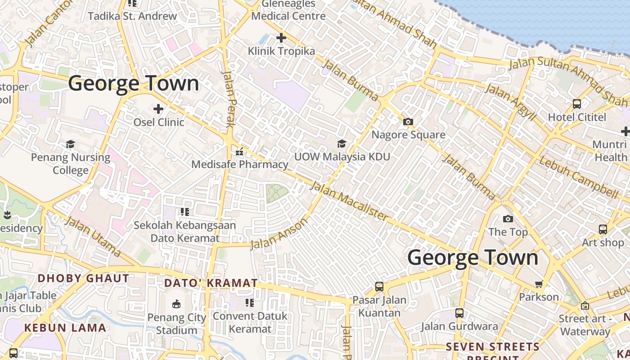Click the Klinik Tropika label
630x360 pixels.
(281, 51)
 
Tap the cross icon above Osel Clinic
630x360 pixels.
(158, 109)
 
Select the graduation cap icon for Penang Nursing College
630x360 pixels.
(71, 144)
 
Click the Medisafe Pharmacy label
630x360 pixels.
(239, 164)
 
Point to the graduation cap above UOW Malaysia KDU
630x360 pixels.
(342, 144)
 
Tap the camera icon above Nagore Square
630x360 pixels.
(408, 121)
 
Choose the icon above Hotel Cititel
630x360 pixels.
(577, 104)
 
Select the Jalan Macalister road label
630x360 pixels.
(349, 201)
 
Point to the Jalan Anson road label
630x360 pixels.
(279, 233)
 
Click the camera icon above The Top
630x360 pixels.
(508, 219)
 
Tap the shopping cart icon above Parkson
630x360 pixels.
(539, 284)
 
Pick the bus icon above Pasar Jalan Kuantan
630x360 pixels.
(379, 287)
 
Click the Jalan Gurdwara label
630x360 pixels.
(459, 326)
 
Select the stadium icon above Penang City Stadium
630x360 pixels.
(176, 304)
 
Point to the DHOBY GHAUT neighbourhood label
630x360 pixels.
(83, 278)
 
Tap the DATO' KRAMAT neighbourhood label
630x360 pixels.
(211, 283)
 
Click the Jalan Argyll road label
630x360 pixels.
(512, 102)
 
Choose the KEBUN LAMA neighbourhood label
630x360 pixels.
(65, 328)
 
